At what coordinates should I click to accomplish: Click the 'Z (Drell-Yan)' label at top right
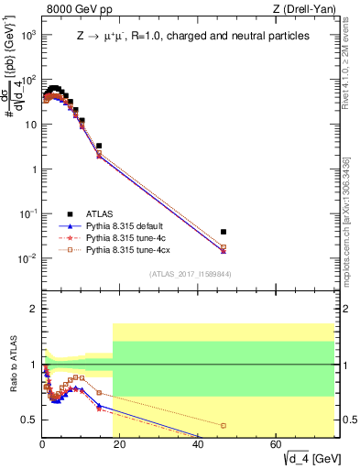tap(303, 10)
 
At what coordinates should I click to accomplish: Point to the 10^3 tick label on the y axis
tap(27, 34)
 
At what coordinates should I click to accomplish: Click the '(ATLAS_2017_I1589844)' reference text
tap(189, 274)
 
